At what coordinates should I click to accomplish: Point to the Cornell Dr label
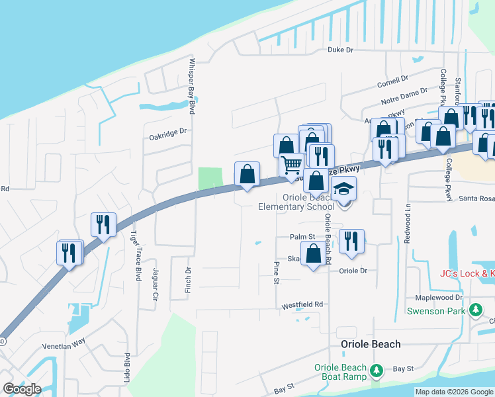(392, 83)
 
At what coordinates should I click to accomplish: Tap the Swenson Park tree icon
(474, 310)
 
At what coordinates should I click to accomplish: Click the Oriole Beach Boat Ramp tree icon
(377, 371)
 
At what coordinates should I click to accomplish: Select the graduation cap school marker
(344, 189)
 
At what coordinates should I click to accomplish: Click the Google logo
(22, 389)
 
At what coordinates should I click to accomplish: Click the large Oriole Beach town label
(371, 344)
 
